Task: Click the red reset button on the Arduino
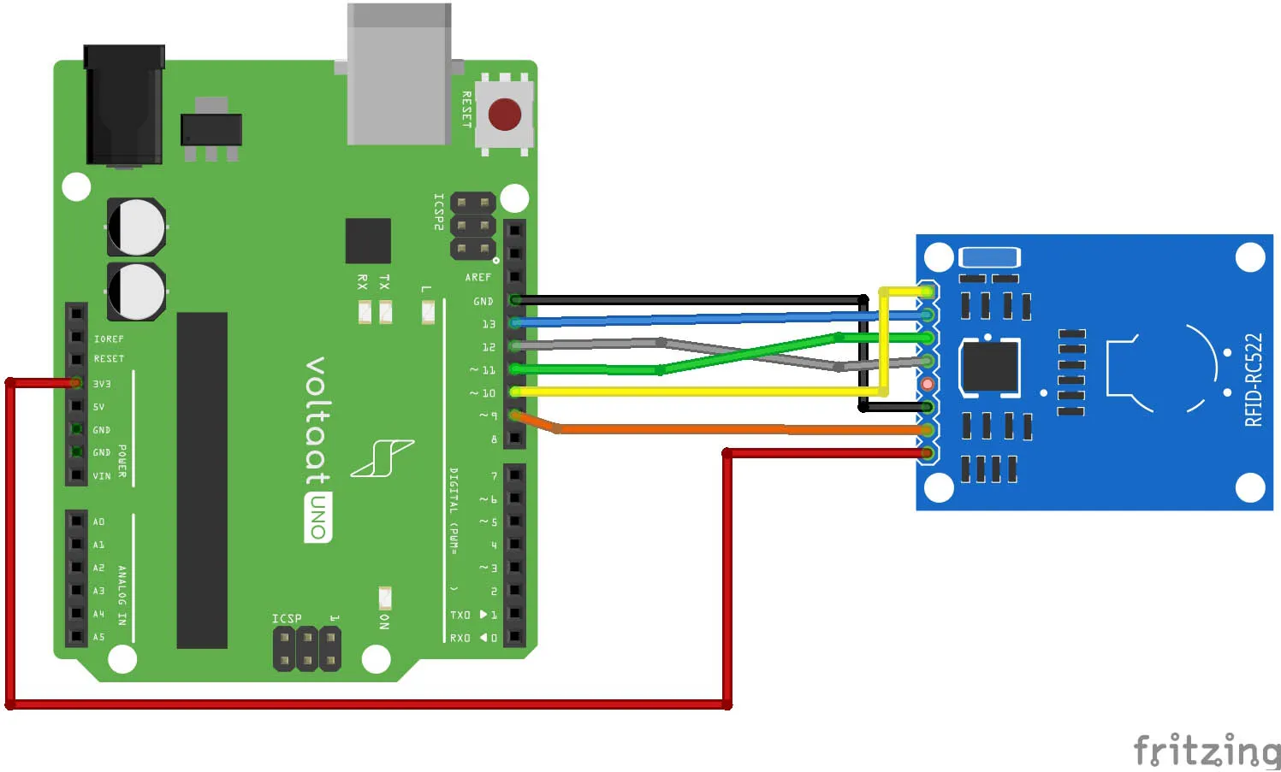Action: (x=504, y=115)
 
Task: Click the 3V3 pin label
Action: (x=102, y=384)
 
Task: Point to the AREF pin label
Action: (x=477, y=277)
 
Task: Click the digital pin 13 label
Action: (x=489, y=324)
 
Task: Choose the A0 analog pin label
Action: (x=98, y=522)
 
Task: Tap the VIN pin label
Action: (x=102, y=476)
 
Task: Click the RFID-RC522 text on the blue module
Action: (x=1253, y=380)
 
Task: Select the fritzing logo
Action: (x=1207, y=751)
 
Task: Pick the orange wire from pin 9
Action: (x=685, y=429)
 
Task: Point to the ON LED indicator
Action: (x=385, y=597)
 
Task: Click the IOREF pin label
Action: (x=109, y=339)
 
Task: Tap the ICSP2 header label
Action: (x=438, y=212)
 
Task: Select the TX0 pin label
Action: (x=460, y=615)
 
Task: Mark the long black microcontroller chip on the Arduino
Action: (x=202, y=480)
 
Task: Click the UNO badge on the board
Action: (x=318, y=518)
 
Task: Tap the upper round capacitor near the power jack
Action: (x=136, y=227)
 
